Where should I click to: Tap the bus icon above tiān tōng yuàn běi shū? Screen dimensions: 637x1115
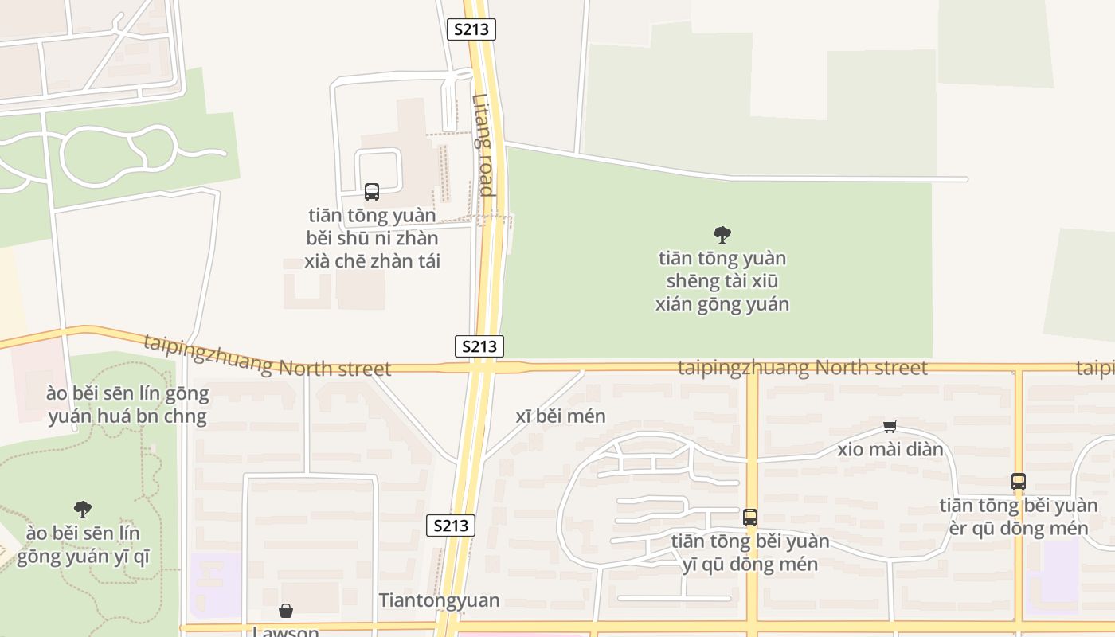pyautogui.click(x=372, y=192)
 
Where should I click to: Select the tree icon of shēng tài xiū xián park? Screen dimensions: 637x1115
pyautogui.click(x=722, y=235)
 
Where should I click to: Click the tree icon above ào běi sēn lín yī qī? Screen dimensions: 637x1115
pyautogui.click(x=83, y=510)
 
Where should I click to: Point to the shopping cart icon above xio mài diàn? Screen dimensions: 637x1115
pyautogui.click(x=890, y=427)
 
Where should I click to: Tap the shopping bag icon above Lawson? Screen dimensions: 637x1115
pyautogui.click(x=286, y=611)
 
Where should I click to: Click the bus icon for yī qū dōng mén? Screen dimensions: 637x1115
pyautogui.click(x=750, y=518)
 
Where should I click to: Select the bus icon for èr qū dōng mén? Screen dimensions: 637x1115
pyautogui.click(x=1019, y=482)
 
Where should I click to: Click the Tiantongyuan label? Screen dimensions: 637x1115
pyautogui.click(x=439, y=600)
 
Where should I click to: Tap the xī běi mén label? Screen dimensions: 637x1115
pyautogui.click(x=561, y=416)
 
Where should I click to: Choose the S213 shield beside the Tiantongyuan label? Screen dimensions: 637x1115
pyautogui.click(x=451, y=526)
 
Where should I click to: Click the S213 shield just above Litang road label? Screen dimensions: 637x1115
pyautogui.click(x=471, y=29)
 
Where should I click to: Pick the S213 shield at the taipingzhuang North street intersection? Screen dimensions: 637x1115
pyautogui.click(x=479, y=346)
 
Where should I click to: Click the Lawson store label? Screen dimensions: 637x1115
pyautogui.click(x=286, y=631)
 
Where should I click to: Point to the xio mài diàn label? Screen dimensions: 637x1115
pyautogui.click(x=890, y=450)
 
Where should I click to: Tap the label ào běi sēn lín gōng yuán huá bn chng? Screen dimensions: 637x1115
pyautogui.click(x=127, y=404)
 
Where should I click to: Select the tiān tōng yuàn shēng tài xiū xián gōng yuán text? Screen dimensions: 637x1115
pyautogui.click(x=722, y=281)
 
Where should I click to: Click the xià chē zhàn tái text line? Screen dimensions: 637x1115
pyautogui.click(x=372, y=261)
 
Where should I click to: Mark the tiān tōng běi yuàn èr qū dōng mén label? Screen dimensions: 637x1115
pyautogui.click(x=1019, y=517)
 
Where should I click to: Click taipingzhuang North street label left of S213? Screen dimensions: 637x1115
pyautogui.click(x=268, y=358)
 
